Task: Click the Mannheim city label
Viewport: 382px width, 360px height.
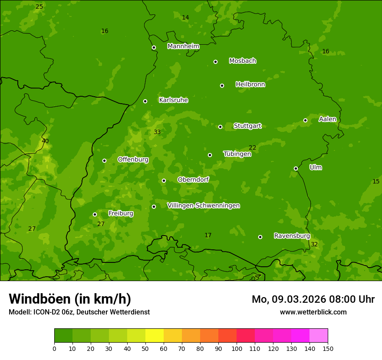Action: point(183,46)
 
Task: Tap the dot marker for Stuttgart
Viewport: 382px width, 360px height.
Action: point(220,127)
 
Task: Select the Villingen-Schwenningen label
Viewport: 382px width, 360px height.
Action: point(203,206)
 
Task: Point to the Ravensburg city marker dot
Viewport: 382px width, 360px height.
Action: point(260,237)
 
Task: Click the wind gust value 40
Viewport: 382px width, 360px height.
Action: point(45,141)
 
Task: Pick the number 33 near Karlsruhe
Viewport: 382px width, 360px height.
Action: point(157,132)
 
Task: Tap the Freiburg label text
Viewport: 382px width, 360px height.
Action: point(121,213)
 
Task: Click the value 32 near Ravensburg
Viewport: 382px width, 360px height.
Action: point(314,244)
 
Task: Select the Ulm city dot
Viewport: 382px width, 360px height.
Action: point(296,168)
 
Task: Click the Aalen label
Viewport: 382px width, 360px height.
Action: point(327,119)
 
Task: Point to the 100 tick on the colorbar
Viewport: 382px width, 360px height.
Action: point(237,348)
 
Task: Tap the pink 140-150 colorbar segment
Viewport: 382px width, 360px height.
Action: point(319,336)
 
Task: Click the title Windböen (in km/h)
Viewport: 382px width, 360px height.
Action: point(70,299)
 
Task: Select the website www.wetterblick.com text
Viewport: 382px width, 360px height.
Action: point(313,312)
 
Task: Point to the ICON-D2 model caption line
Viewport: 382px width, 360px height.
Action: point(79,312)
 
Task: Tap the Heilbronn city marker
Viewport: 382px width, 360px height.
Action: point(222,85)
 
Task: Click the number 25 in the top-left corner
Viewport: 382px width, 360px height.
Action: point(39,7)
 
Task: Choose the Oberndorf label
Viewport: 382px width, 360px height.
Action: point(193,180)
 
